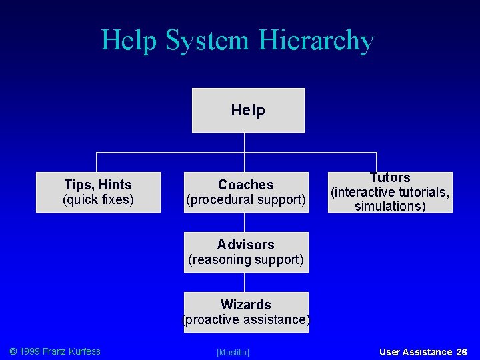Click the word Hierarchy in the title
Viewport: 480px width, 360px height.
pyautogui.click(x=316, y=41)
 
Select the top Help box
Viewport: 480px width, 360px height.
pyautogui.click(x=248, y=110)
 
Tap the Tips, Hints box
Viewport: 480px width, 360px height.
pyautogui.click(x=98, y=192)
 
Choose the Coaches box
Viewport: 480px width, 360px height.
pyautogui.click(x=246, y=192)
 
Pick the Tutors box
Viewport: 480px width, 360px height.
pyautogui.click(x=390, y=192)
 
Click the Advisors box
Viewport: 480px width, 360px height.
pyautogui.click(x=246, y=252)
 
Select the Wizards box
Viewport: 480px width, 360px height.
pyautogui.click(x=246, y=312)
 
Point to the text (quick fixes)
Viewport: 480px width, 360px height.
pyautogui.click(x=98, y=200)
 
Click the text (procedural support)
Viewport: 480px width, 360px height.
pyautogui.click(x=246, y=200)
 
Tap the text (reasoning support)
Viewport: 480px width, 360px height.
pyautogui.click(x=246, y=260)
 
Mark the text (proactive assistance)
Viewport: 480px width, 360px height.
pyautogui.click(x=246, y=320)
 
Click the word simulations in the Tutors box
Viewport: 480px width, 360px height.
pyautogui.click(x=390, y=207)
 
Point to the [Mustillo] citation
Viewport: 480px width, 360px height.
pyautogui.click(x=233, y=352)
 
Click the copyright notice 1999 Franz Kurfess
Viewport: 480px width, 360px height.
pyautogui.click(x=55, y=351)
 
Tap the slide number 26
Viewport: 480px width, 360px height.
pyautogui.click(x=461, y=352)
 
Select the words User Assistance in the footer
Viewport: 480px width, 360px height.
pyautogui.click(x=415, y=352)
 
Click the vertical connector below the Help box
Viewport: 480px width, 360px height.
pyautogui.click(x=245, y=143)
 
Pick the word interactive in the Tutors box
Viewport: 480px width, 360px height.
pyautogui.click(x=375, y=193)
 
